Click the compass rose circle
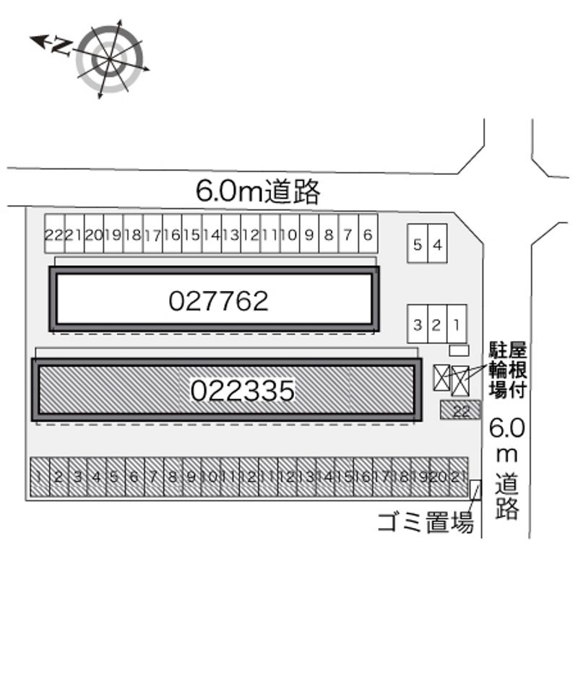(x=110, y=59)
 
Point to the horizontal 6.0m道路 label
(x=258, y=191)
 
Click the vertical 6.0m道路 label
(x=506, y=469)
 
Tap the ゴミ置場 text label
(x=426, y=522)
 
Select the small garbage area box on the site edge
(x=475, y=490)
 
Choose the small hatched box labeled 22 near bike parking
(x=460, y=410)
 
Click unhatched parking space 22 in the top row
(x=54, y=234)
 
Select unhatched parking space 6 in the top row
(x=368, y=234)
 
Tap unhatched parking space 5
(x=418, y=245)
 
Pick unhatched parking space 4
(x=437, y=245)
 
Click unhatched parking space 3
(x=417, y=324)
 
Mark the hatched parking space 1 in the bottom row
(x=38, y=477)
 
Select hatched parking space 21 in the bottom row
(x=457, y=477)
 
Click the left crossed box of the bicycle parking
(x=441, y=377)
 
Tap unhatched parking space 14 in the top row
(x=211, y=234)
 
